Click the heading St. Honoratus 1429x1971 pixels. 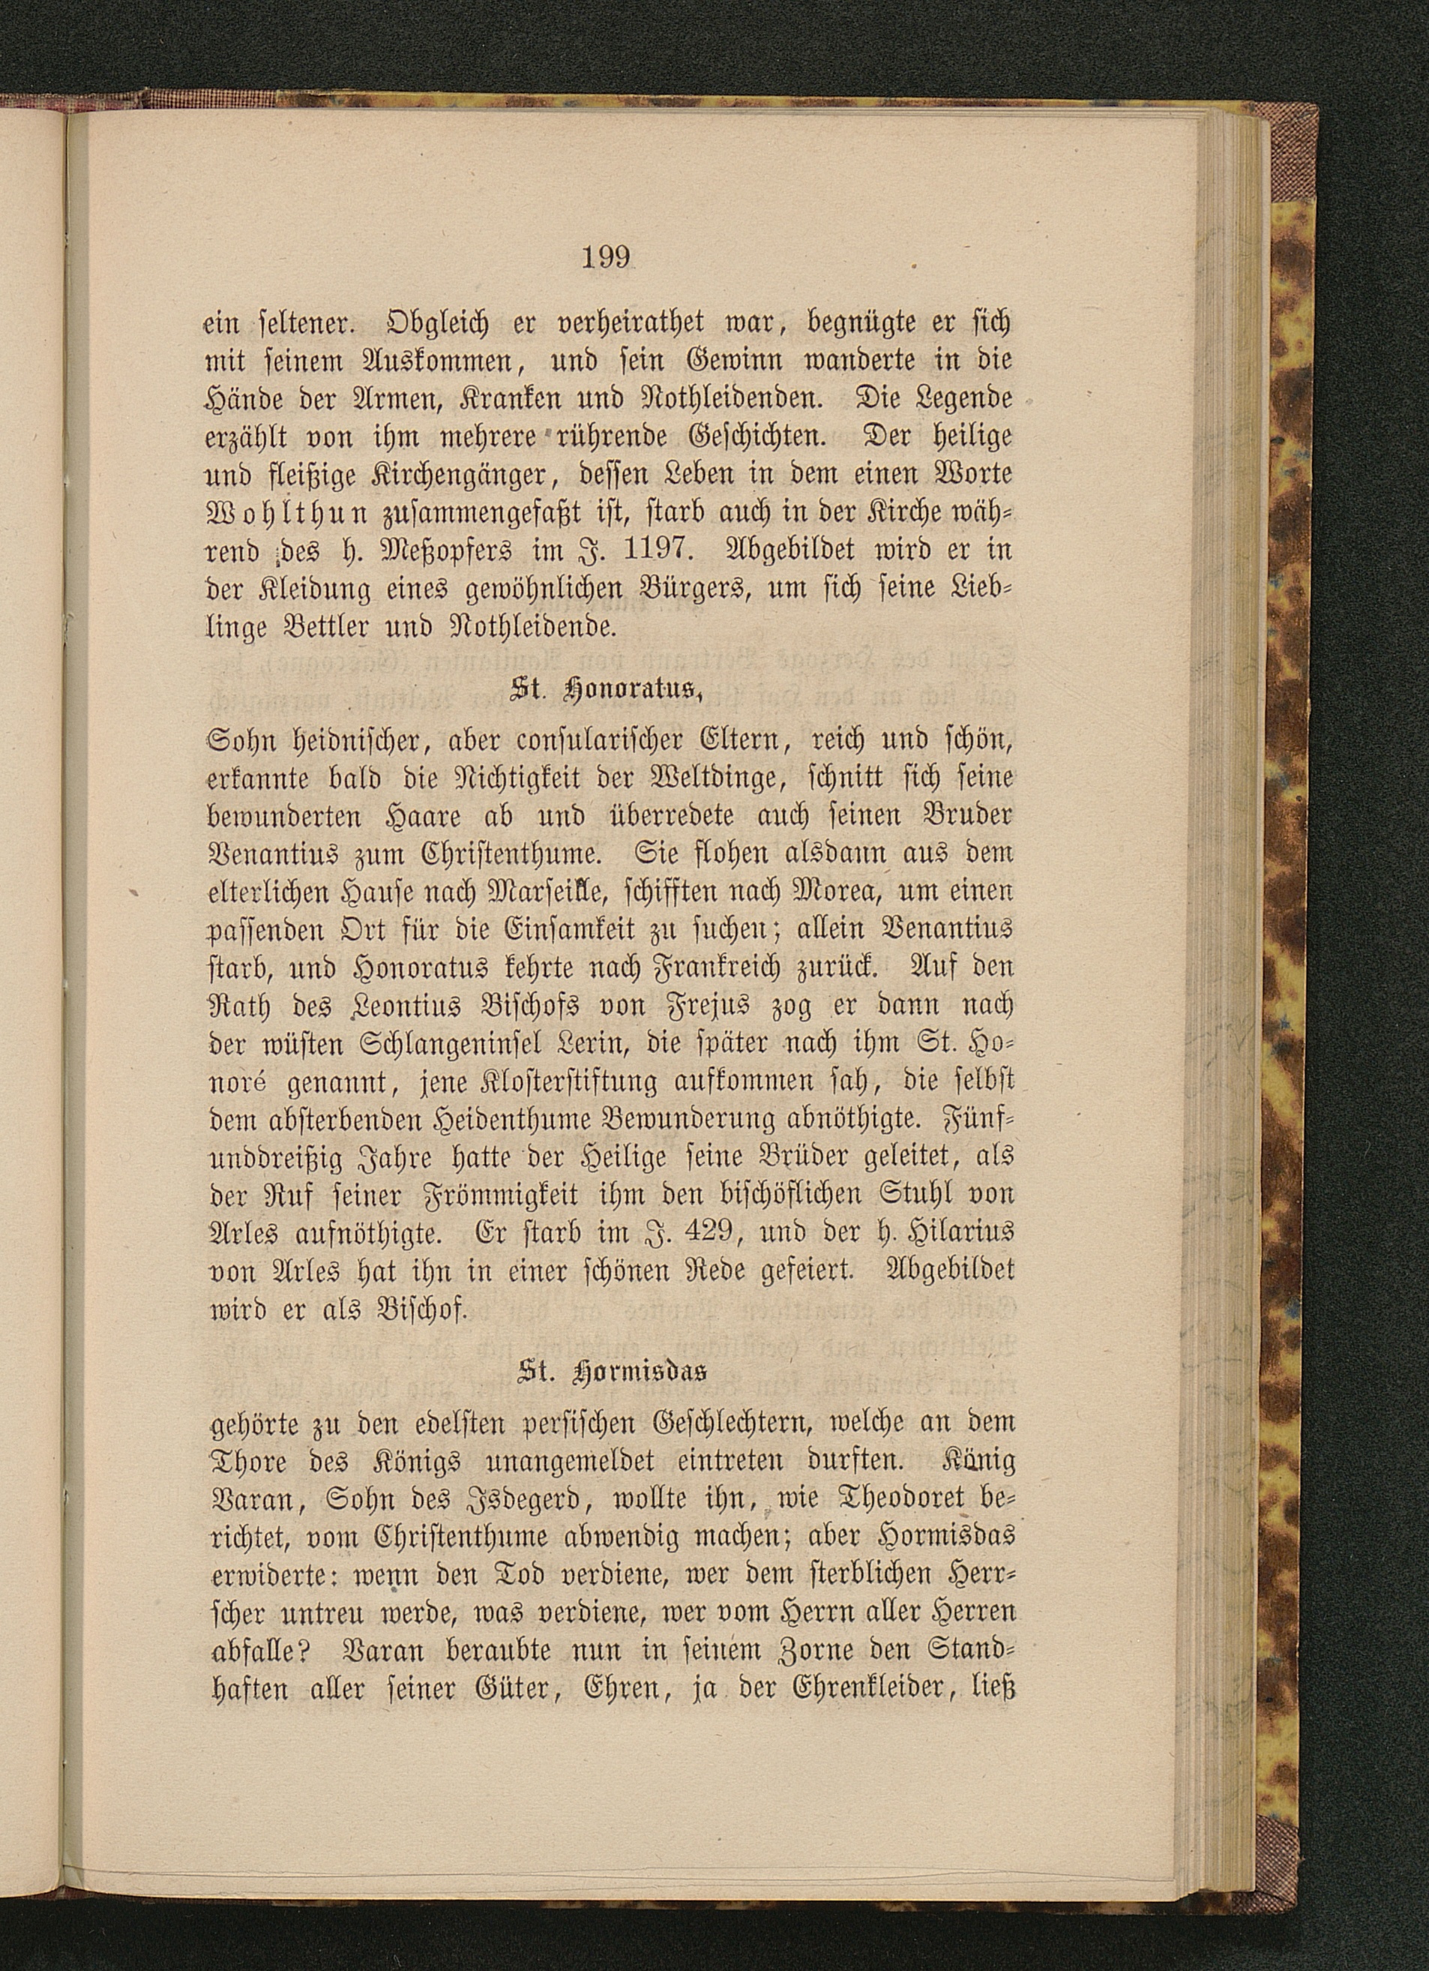pyautogui.click(x=607, y=694)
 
